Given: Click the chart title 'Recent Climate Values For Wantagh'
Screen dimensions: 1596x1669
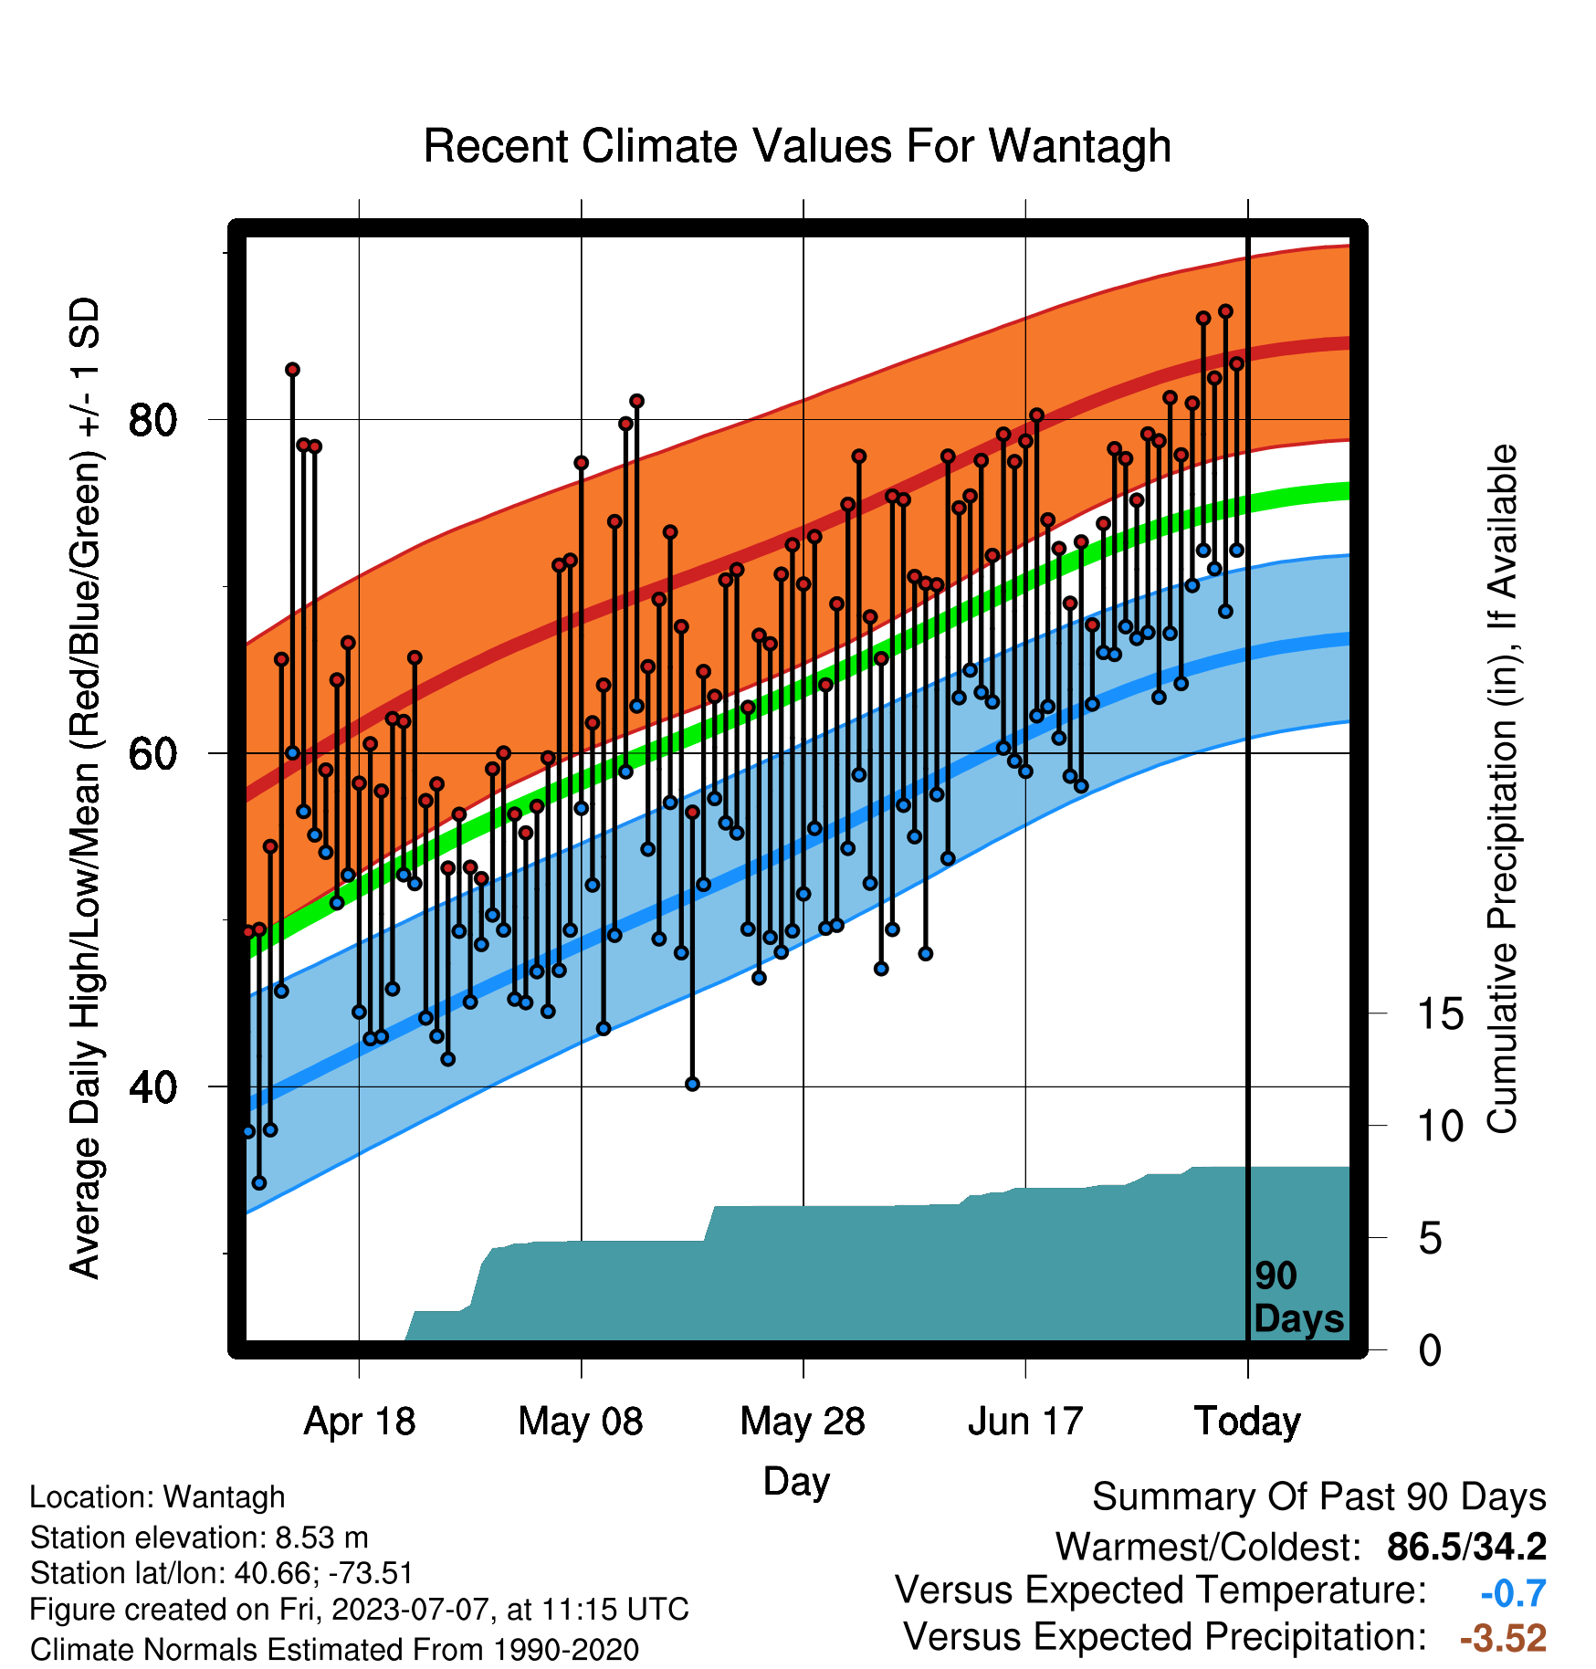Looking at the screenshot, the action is [x=797, y=146].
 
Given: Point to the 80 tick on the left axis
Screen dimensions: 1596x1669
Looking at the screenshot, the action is [x=152, y=420].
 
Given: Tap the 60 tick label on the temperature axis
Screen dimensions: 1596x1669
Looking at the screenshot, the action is [x=152, y=754].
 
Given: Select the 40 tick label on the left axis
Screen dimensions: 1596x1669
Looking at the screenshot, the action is [x=152, y=1087].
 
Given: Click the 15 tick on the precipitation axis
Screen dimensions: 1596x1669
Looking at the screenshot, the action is [x=1440, y=1013].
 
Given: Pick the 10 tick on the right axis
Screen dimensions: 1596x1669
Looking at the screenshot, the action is [x=1440, y=1126].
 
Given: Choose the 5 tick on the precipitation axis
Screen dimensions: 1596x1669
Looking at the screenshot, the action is [x=1430, y=1238].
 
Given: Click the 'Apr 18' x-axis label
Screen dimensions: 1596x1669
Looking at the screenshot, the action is [x=359, y=1422].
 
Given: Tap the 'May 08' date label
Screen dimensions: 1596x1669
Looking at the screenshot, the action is [x=581, y=1422].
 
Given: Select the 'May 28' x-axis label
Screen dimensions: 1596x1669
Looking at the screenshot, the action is [x=803, y=1422].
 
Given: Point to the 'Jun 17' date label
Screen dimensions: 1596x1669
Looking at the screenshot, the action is [x=1025, y=1422].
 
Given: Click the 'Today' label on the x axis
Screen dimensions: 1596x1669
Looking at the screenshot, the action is [x=1247, y=1422].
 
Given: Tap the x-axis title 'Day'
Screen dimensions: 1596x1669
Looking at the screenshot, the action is [x=796, y=1481].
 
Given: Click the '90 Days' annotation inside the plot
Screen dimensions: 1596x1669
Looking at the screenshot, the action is [x=1298, y=1297].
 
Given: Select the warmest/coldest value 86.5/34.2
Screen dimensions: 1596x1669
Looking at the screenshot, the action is [x=1466, y=1547].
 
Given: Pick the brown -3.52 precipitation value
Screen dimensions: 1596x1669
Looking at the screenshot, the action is [x=1503, y=1638].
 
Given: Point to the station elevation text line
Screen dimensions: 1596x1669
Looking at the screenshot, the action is [x=199, y=1538].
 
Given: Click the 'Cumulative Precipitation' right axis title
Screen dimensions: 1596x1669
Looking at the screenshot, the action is [x=1502, y=790].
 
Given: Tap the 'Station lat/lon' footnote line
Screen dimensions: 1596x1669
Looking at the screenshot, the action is [x=222, y=1573].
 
